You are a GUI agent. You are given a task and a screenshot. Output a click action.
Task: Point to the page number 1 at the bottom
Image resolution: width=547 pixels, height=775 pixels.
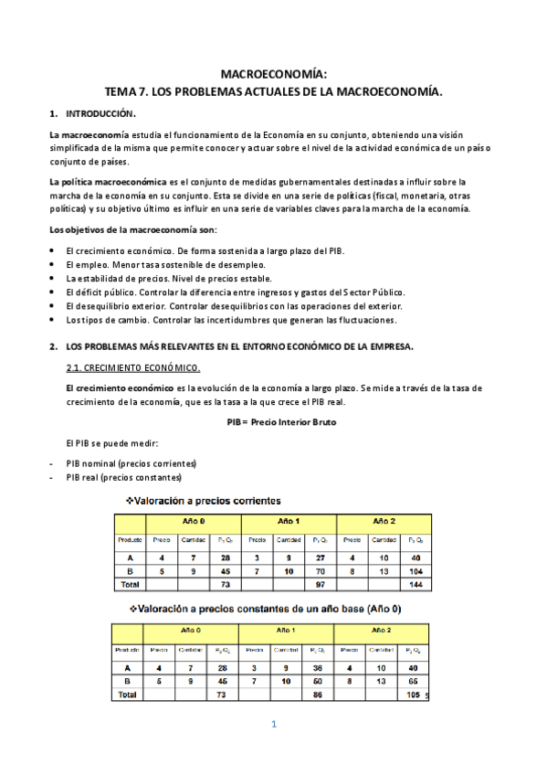(x=273, y=725)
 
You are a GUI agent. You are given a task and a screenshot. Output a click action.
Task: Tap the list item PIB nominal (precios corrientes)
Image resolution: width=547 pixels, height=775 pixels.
(x=131, y=462)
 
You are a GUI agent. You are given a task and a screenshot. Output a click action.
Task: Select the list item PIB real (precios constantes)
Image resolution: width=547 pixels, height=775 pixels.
(x=123, y=477)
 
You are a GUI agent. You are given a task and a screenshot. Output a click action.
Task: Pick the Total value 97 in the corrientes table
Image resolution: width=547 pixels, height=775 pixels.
(x=320, y=582)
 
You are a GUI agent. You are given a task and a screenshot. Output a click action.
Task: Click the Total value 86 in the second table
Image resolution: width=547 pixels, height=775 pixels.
(x=318, y=695)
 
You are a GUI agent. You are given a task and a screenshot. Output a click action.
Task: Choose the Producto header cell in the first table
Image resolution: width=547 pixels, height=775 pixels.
(x=131, y=540)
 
